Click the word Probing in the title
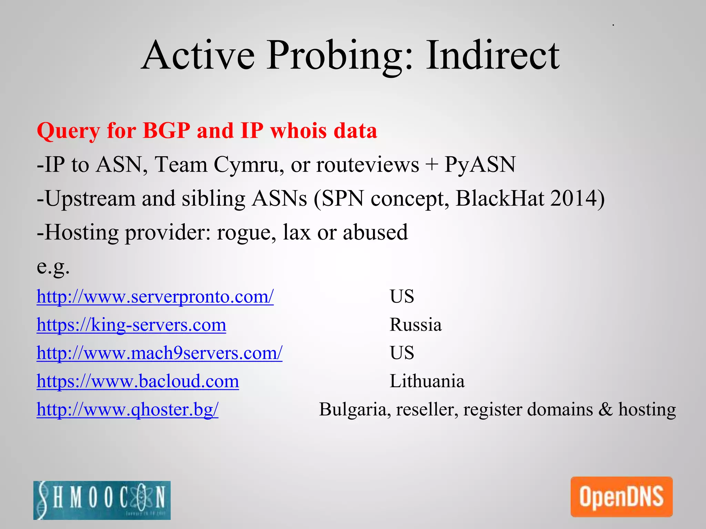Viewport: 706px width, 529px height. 339,56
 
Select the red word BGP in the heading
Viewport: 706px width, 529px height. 166,131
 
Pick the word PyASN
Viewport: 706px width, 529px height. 480,164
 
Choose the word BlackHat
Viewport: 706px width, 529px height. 500,198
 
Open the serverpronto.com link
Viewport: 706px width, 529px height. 155,297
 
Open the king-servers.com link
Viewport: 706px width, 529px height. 131,325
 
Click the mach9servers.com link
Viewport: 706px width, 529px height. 160,353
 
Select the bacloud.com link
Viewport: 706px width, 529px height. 138,381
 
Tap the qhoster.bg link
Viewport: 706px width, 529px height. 128,409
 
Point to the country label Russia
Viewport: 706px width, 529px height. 415,325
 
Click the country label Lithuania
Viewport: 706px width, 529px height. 427,381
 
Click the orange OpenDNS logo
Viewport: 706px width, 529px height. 621,497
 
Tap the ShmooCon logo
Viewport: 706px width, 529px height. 102,500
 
